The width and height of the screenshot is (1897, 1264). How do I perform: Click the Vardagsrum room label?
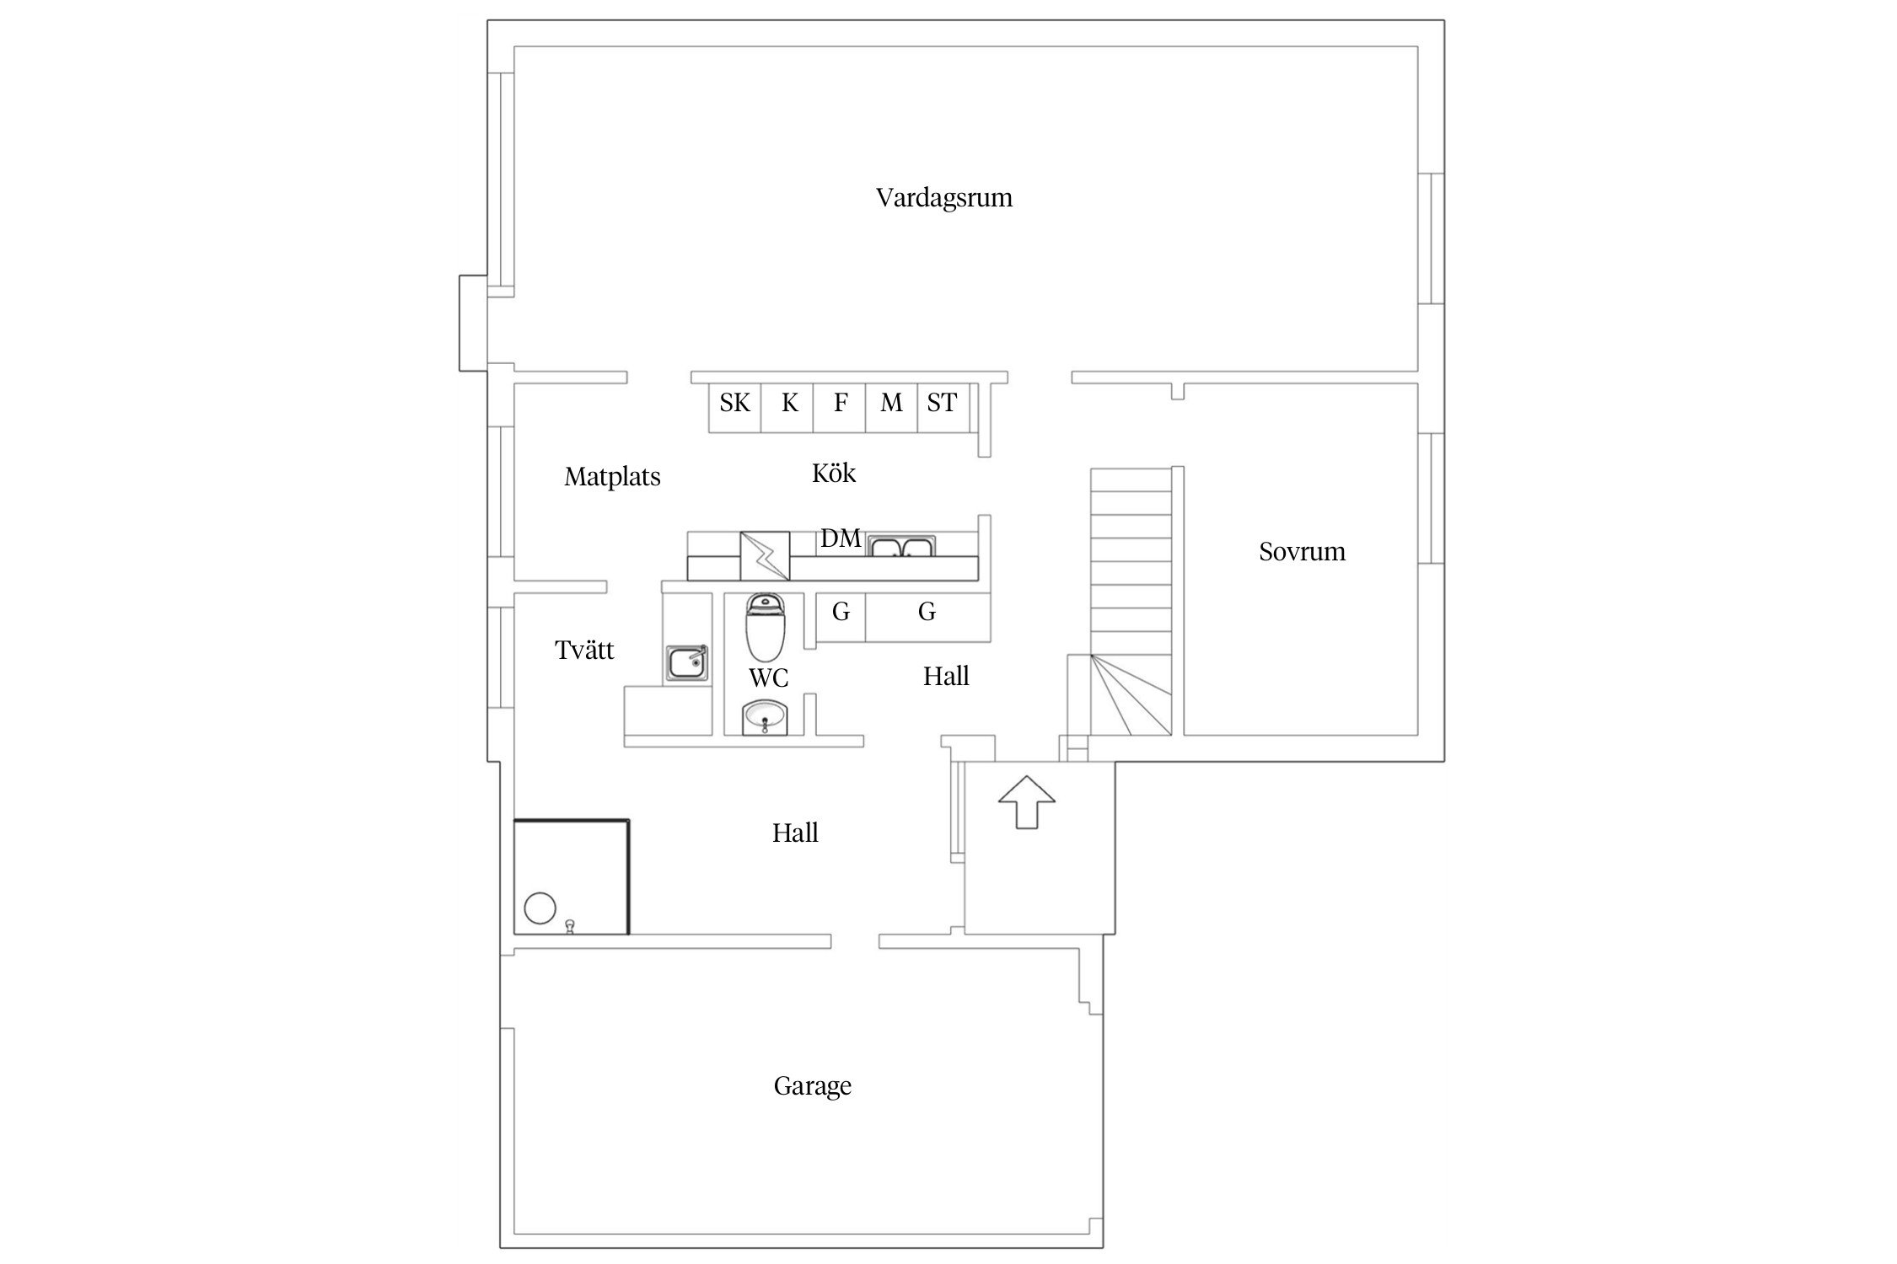pos(943,198)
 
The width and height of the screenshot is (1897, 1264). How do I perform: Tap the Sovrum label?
pos(1302,552)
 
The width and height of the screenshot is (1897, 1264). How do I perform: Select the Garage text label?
pos(812,1085)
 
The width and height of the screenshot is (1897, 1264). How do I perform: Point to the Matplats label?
pos(612,477)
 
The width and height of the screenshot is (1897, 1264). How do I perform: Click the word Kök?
pos(834,474)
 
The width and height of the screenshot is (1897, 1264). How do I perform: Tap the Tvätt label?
pos(584,651)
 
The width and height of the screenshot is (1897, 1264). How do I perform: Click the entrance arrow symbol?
pos(1026,801)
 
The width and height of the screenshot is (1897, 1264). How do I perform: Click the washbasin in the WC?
pos(766,718)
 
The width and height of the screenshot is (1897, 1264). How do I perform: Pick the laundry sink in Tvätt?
pos(687,663)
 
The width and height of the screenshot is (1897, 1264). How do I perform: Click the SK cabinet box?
pos(734,408)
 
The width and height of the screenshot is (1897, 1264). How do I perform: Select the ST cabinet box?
pos(943,408)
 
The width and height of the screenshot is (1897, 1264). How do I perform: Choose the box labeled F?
pos(840,408)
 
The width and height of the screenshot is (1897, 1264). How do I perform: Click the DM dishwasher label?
pos(841,538)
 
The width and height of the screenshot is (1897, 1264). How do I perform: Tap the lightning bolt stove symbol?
pos(765,556)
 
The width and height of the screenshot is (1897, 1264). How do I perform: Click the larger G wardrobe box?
pos(927,617)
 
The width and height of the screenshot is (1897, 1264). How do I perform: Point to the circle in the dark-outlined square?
pos(540,909)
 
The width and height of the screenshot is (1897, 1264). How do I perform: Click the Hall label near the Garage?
pos(795,833)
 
